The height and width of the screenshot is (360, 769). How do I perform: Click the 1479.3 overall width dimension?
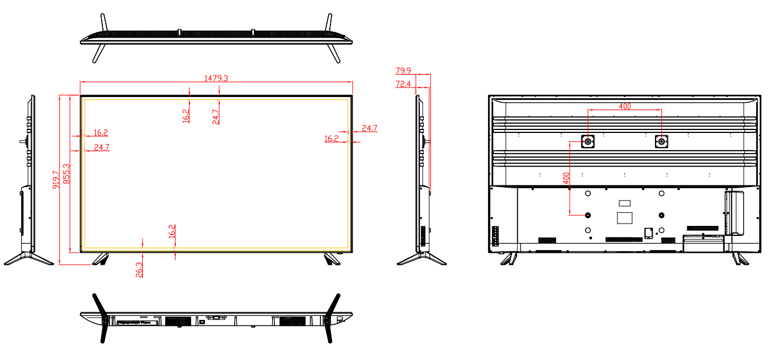[x=216, y=78]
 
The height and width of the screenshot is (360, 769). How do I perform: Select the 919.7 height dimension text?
[x=56, y=179]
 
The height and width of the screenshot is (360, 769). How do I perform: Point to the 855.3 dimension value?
[x=66, y=174]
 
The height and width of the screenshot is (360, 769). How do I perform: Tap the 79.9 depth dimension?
[x=403, y=71]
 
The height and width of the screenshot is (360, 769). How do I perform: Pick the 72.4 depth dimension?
[x=403, y=84]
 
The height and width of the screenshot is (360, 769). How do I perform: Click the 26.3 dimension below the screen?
[x=139, y=269]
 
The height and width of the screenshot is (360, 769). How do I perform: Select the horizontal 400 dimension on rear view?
[x=625, y=106]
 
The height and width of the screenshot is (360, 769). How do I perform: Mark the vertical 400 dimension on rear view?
[x=566, y=178]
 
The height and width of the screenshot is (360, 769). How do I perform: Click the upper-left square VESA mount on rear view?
[x=588, y=142]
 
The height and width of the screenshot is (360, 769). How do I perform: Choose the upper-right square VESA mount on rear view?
[x=661, y=142]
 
